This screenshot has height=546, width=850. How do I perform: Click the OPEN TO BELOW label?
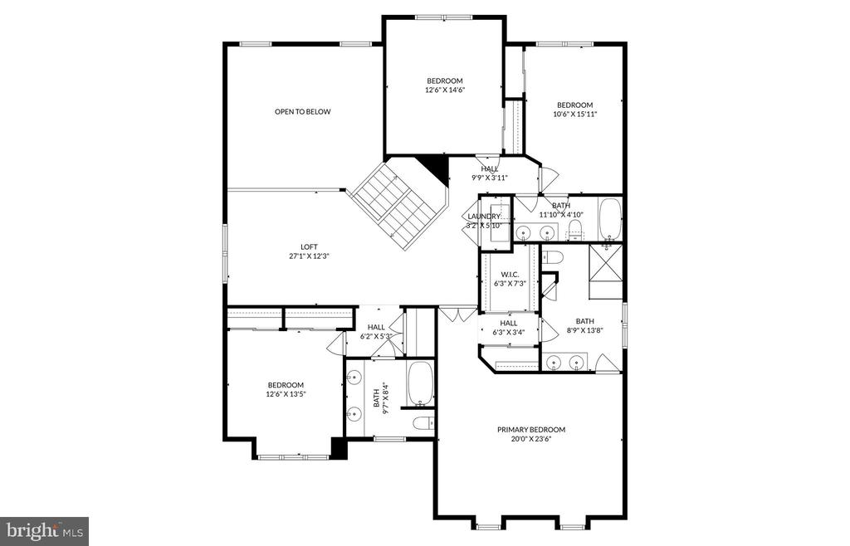[303, 111]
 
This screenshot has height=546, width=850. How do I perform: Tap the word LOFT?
[309, 246]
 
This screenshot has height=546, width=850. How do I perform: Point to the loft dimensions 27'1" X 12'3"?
[309, 256]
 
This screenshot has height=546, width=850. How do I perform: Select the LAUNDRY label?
[484, 216]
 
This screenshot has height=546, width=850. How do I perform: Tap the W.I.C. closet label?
[510, 275]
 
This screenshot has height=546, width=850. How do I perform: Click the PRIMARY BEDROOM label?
[531, 429]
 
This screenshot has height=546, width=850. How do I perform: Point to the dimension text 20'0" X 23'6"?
[531, 439]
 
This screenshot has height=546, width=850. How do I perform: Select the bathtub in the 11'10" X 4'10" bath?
[609, 218]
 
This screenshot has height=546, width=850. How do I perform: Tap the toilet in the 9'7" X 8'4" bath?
[423, 425]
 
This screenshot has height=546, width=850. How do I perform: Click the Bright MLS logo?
[45, 530]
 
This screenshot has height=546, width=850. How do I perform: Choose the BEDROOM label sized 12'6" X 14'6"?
[444, 80]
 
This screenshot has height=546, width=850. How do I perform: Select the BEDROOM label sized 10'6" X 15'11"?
[574, 105]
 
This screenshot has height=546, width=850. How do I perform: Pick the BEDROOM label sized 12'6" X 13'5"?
[286, 384]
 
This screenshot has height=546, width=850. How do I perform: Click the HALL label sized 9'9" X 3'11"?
[490, 168]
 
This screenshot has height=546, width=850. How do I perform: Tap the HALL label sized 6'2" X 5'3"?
[376, 327]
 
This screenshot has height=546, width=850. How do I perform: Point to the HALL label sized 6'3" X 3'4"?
[509, 323]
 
